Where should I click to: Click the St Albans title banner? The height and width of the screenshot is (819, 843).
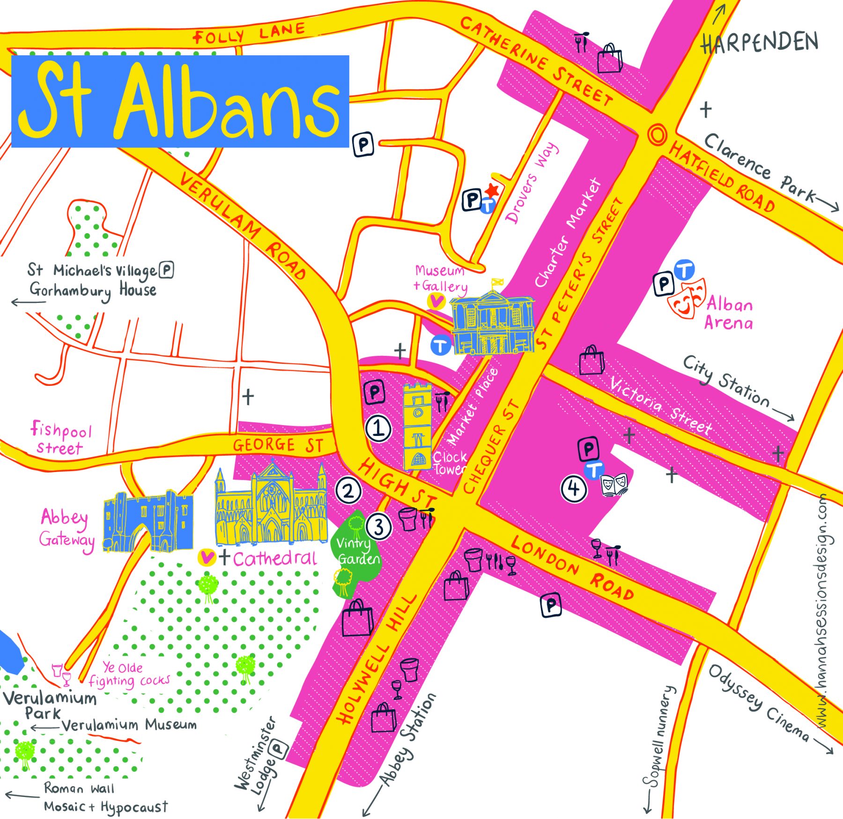(x=180, y=101)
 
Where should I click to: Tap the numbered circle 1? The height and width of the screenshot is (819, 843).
(x=378, y=428)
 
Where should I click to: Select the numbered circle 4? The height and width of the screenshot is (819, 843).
(x=574, y=489)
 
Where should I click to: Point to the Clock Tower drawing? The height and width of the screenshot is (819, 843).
(x=417, y=426)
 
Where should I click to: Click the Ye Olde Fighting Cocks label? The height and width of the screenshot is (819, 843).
(x=129, y=675)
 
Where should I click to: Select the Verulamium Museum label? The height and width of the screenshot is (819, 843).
(x=129, y=725)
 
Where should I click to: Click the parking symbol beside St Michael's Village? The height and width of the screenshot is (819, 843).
(x=166, y=270)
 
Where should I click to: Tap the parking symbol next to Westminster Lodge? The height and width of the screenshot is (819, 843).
(x=279, y=749)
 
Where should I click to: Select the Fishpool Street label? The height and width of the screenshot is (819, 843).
(x=61, y=438)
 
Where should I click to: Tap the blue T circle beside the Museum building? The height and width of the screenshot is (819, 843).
(x=440, y=346)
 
